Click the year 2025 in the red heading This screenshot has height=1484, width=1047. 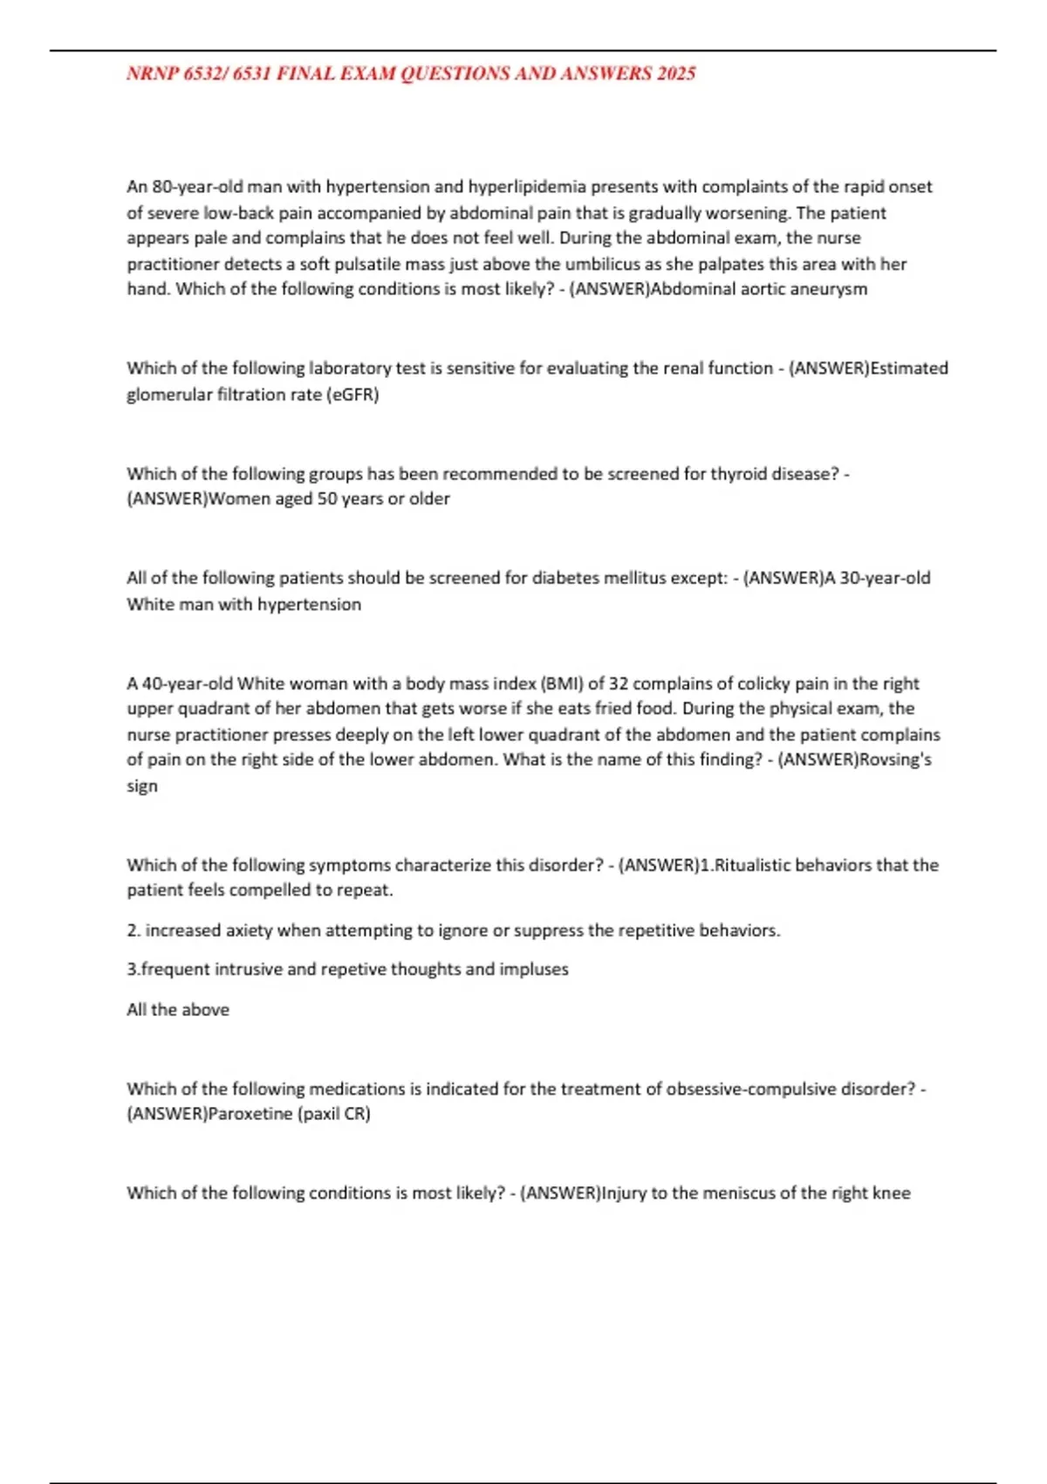[x=676, y=74]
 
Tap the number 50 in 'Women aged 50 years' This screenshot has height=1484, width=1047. [x=327, y=499]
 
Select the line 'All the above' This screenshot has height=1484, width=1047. [x=178, y=1010]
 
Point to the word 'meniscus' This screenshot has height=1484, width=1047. [x=738, y=1193]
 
